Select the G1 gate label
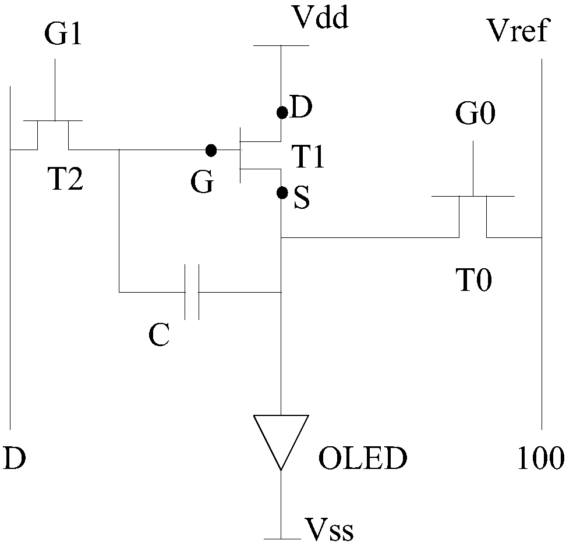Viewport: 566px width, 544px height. (x=63, y=34)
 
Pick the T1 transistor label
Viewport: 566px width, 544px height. (x=308, y=157)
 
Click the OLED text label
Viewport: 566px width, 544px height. (x=363, y=458)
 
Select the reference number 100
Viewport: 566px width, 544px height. (x=541, y=457)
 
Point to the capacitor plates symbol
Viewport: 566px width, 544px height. (x=192, y=292)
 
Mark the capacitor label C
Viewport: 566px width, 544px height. (x=159, y=335)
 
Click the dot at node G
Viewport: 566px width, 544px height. (x=211, y=150)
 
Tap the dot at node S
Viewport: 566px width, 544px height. (x=282, y=193)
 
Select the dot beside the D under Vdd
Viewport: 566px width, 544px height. (x=282, y=112)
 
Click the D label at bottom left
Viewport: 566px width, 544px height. (x=15, y=457)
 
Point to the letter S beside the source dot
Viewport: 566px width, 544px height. (x=302, y=198)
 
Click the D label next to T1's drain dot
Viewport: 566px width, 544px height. (x=300, y=107)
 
